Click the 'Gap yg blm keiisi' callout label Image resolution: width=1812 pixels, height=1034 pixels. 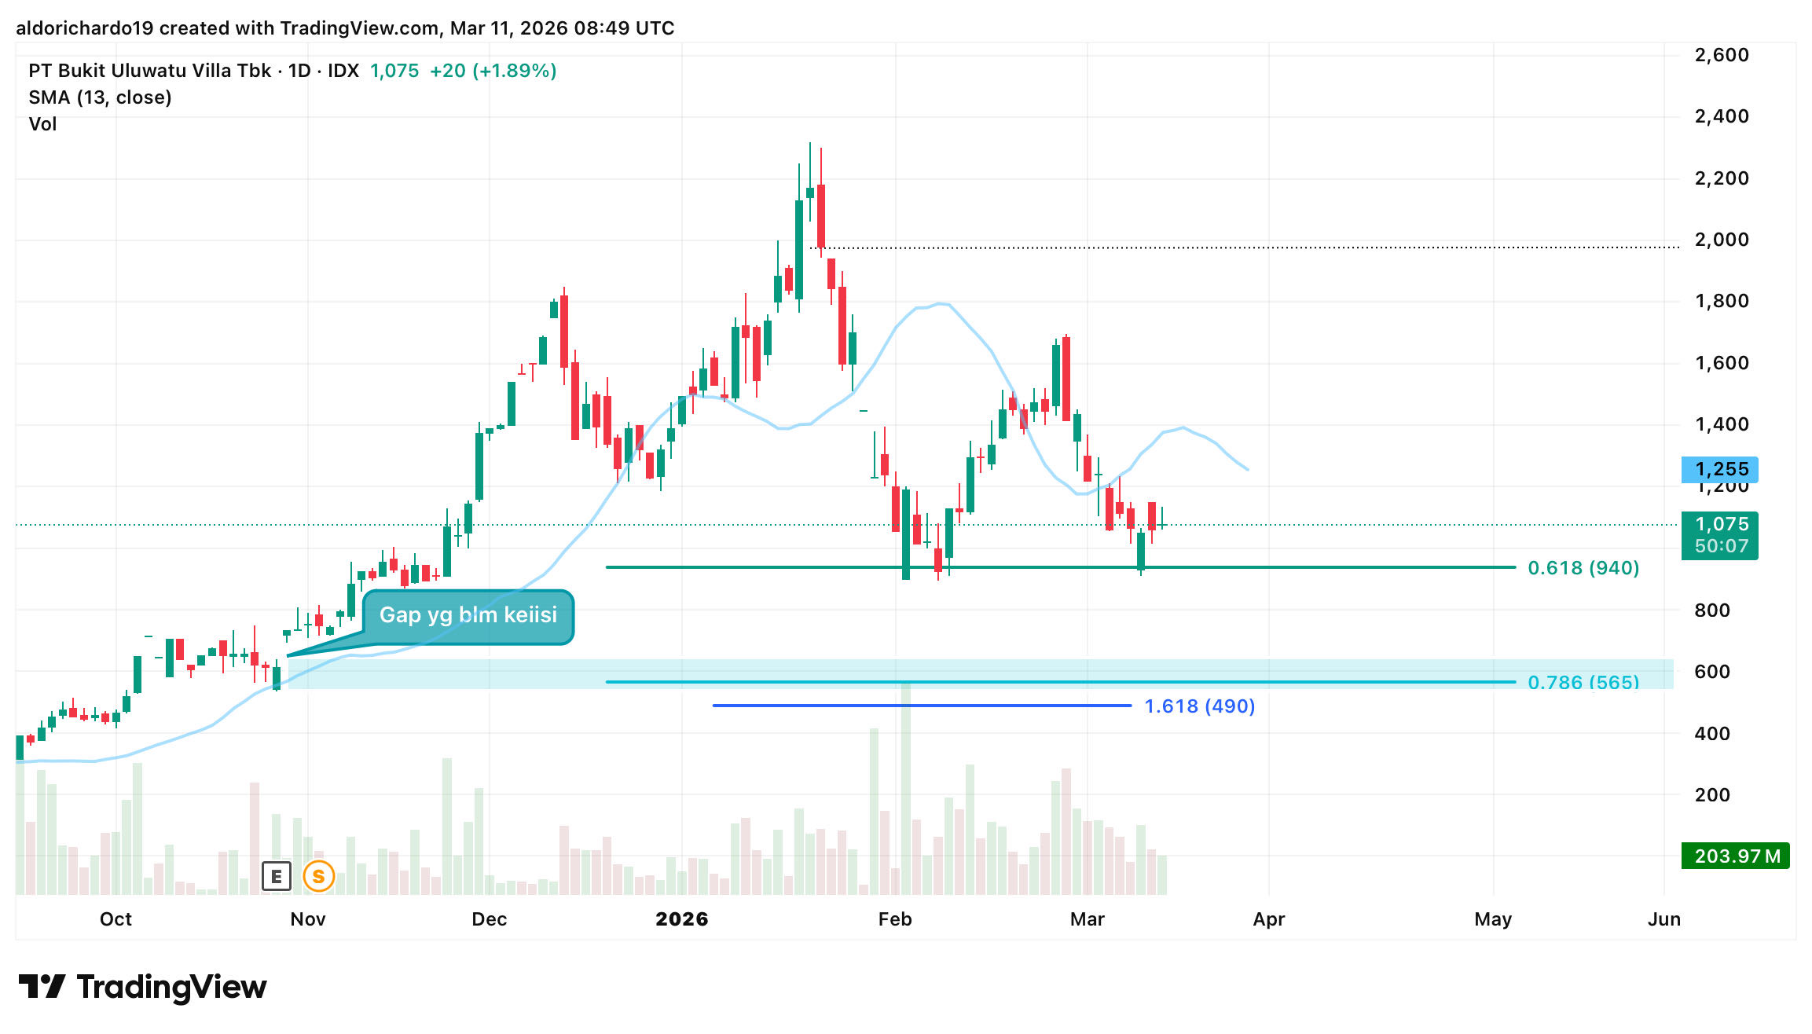468,615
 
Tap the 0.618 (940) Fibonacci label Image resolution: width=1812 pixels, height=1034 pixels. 1583,568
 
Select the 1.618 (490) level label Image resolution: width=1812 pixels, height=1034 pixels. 1199,706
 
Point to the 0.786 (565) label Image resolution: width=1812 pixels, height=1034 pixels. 1583,681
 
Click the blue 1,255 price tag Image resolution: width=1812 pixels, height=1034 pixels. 1719,470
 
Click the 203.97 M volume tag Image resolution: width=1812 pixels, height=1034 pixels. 1735,856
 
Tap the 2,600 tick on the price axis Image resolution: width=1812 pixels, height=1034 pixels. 1721,55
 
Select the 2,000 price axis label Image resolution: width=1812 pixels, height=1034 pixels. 1721,240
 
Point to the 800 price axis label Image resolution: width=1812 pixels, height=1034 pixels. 1712,610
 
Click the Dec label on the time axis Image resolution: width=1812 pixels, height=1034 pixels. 489,919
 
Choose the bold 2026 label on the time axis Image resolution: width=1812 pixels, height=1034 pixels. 681,919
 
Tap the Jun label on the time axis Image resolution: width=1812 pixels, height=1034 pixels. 1663,919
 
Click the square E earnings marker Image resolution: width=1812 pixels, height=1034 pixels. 276,876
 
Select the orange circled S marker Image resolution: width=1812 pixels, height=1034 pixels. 318,876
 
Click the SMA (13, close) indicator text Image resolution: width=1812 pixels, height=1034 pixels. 100,97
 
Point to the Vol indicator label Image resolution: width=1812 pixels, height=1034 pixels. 42,124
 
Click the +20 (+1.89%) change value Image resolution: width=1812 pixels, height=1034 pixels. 493,71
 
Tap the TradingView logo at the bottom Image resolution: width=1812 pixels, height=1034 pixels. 142,987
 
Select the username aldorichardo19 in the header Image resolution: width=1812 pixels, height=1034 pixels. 84,28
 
